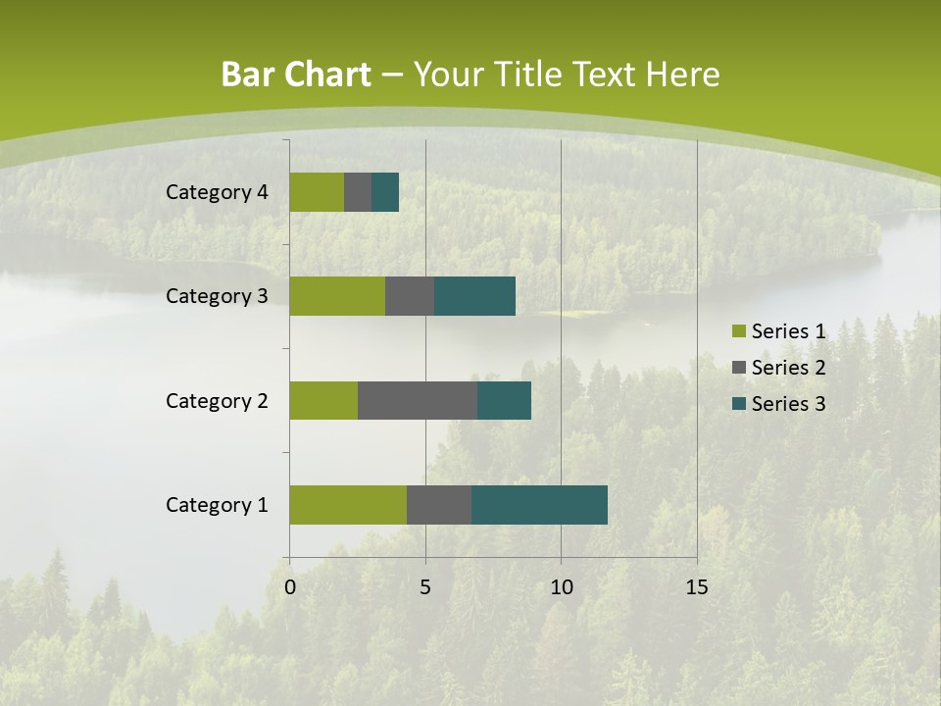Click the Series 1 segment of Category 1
(x=348, y=505)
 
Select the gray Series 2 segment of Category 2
(x=418, y=400)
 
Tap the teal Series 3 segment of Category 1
(x=539, y=505)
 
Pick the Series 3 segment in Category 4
(x=385, y=192)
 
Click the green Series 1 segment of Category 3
(x=337, y=296)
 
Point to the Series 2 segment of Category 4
(x=358, y=192)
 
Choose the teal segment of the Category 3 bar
(x=475, y=296)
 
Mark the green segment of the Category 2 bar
(x=323, y=400)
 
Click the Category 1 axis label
(x=217, y=505)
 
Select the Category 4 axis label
(x=217, y=192)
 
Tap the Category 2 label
(x=217, y=400)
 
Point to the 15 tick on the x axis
(x=696, y=587)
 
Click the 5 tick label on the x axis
(x=425, y=587)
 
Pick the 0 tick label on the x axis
(x=290, y=587)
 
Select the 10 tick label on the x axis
(x=561, y=587)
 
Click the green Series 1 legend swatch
(x=738, y=332)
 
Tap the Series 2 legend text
(x=788, y=368)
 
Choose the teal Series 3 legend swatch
(x=738, y=404)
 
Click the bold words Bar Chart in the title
(x=296, y=75)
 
